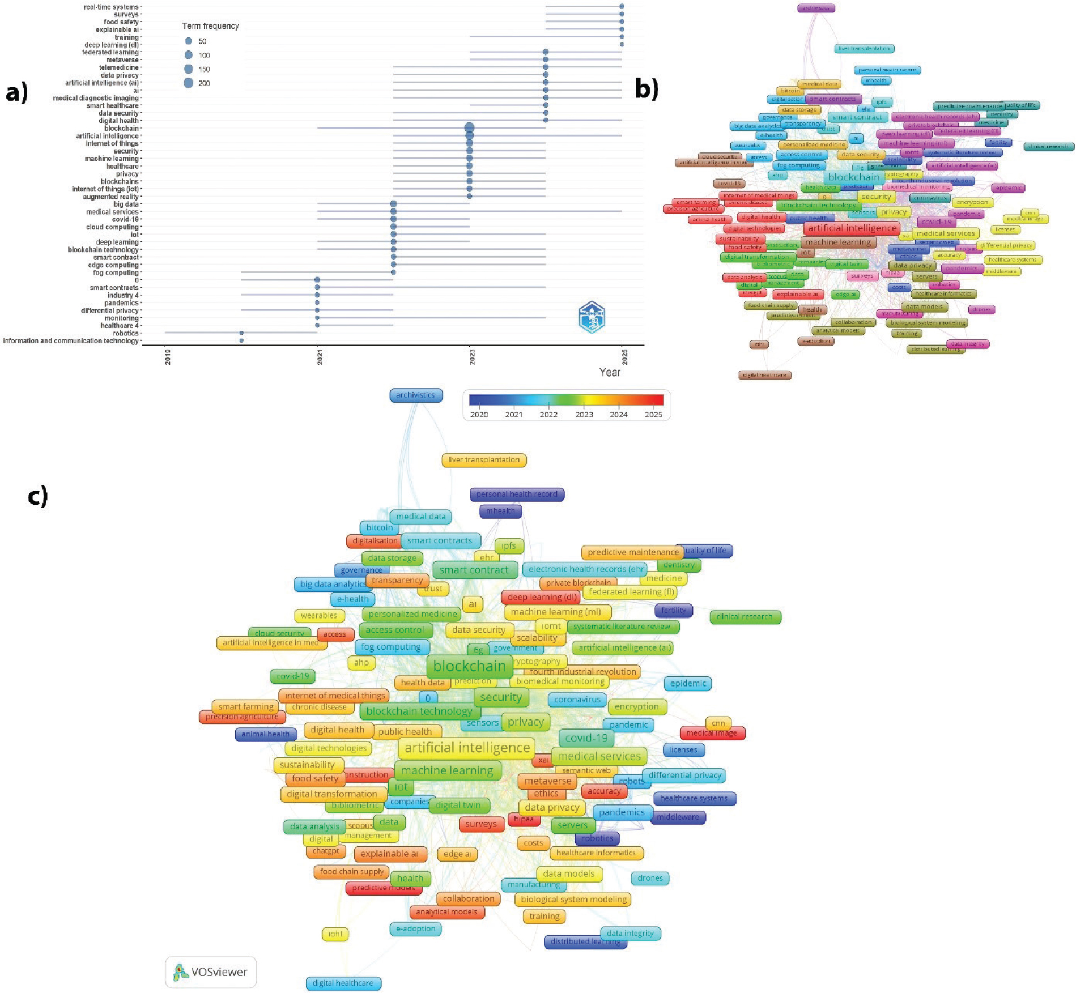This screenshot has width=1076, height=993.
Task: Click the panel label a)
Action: point(16,92)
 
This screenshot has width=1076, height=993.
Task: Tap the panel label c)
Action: point(38,496)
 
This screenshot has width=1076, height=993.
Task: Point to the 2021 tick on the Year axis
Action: point(320,357)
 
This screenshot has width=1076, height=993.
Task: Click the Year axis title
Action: point(610,372)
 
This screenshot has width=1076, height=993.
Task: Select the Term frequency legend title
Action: point(210,26)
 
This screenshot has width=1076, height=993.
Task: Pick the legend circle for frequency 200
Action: point(189,83)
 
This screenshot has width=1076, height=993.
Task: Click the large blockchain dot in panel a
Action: point(469,128)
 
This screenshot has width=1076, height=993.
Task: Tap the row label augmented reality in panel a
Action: point(110,197)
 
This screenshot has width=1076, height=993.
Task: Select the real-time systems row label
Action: point(111,7)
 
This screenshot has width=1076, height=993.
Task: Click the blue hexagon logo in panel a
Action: point(592,317)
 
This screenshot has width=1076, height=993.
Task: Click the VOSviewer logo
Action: point(211,972)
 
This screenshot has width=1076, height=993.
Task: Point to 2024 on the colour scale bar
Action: point(618,415)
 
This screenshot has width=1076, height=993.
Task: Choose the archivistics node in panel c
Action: point(416,395)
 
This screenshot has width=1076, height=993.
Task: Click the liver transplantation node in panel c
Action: point(484,460)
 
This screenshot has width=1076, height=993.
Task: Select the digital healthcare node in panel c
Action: point(343,983)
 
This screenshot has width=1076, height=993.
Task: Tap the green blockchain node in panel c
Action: point(469,666)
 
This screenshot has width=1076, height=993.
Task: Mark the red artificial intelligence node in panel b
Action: point(852,228)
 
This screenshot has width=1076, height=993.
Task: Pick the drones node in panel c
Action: point(650,878)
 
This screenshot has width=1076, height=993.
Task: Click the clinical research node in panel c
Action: point(745,617)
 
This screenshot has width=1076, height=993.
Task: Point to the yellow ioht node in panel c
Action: point(335,934)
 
